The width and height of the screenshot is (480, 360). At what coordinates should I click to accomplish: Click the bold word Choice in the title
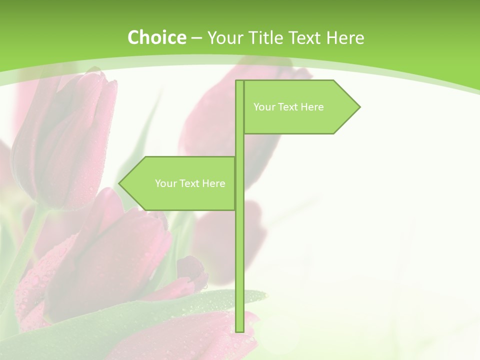coord(156,37)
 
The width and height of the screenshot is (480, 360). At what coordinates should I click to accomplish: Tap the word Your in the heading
coord(224,37)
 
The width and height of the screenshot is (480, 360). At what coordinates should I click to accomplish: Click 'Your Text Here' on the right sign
coord(288,107)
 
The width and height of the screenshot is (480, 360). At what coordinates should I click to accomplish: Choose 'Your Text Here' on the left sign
coord(190,183)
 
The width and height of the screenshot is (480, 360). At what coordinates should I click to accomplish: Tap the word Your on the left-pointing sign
coord(165,183)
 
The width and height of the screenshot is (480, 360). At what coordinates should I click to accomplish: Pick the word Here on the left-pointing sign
coord(213,183)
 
